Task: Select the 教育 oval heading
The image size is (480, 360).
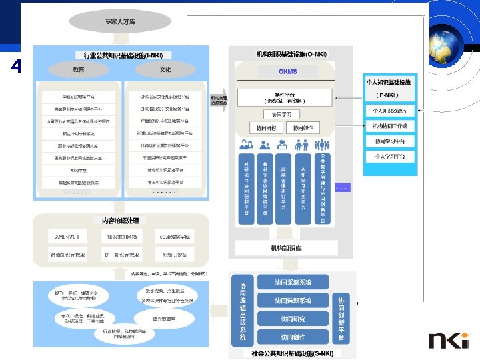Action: tap(79, 69)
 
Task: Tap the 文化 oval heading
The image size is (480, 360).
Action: tap(165, 69)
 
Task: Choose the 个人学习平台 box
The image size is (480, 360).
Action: tap(394, 157)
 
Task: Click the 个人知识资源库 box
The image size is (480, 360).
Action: tap(394, 111)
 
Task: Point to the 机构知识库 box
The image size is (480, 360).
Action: tap(286, 248)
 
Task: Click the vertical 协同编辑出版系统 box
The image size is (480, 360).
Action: tap(243, 311)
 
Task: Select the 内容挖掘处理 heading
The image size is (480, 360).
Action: tap(120, 219)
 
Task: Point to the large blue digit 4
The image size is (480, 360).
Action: tap(16, 67)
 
